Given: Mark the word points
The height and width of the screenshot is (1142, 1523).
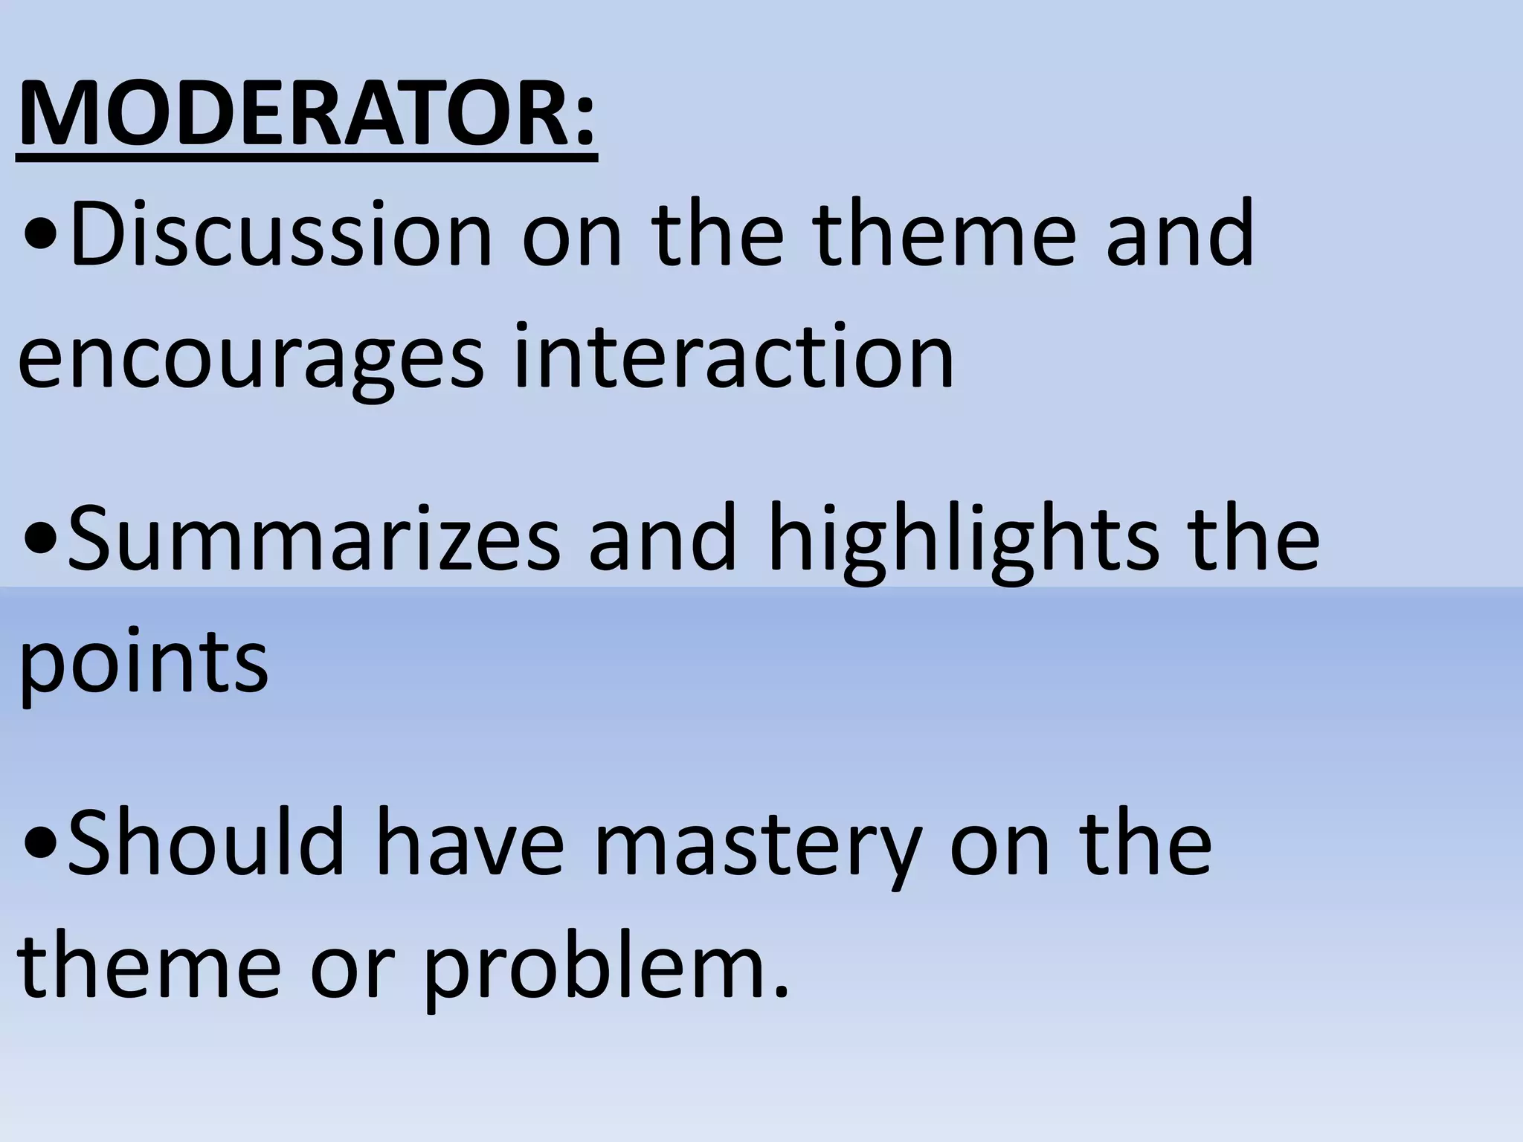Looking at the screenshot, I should point(143,660).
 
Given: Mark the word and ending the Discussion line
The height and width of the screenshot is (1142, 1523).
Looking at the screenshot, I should point(1181,233).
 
